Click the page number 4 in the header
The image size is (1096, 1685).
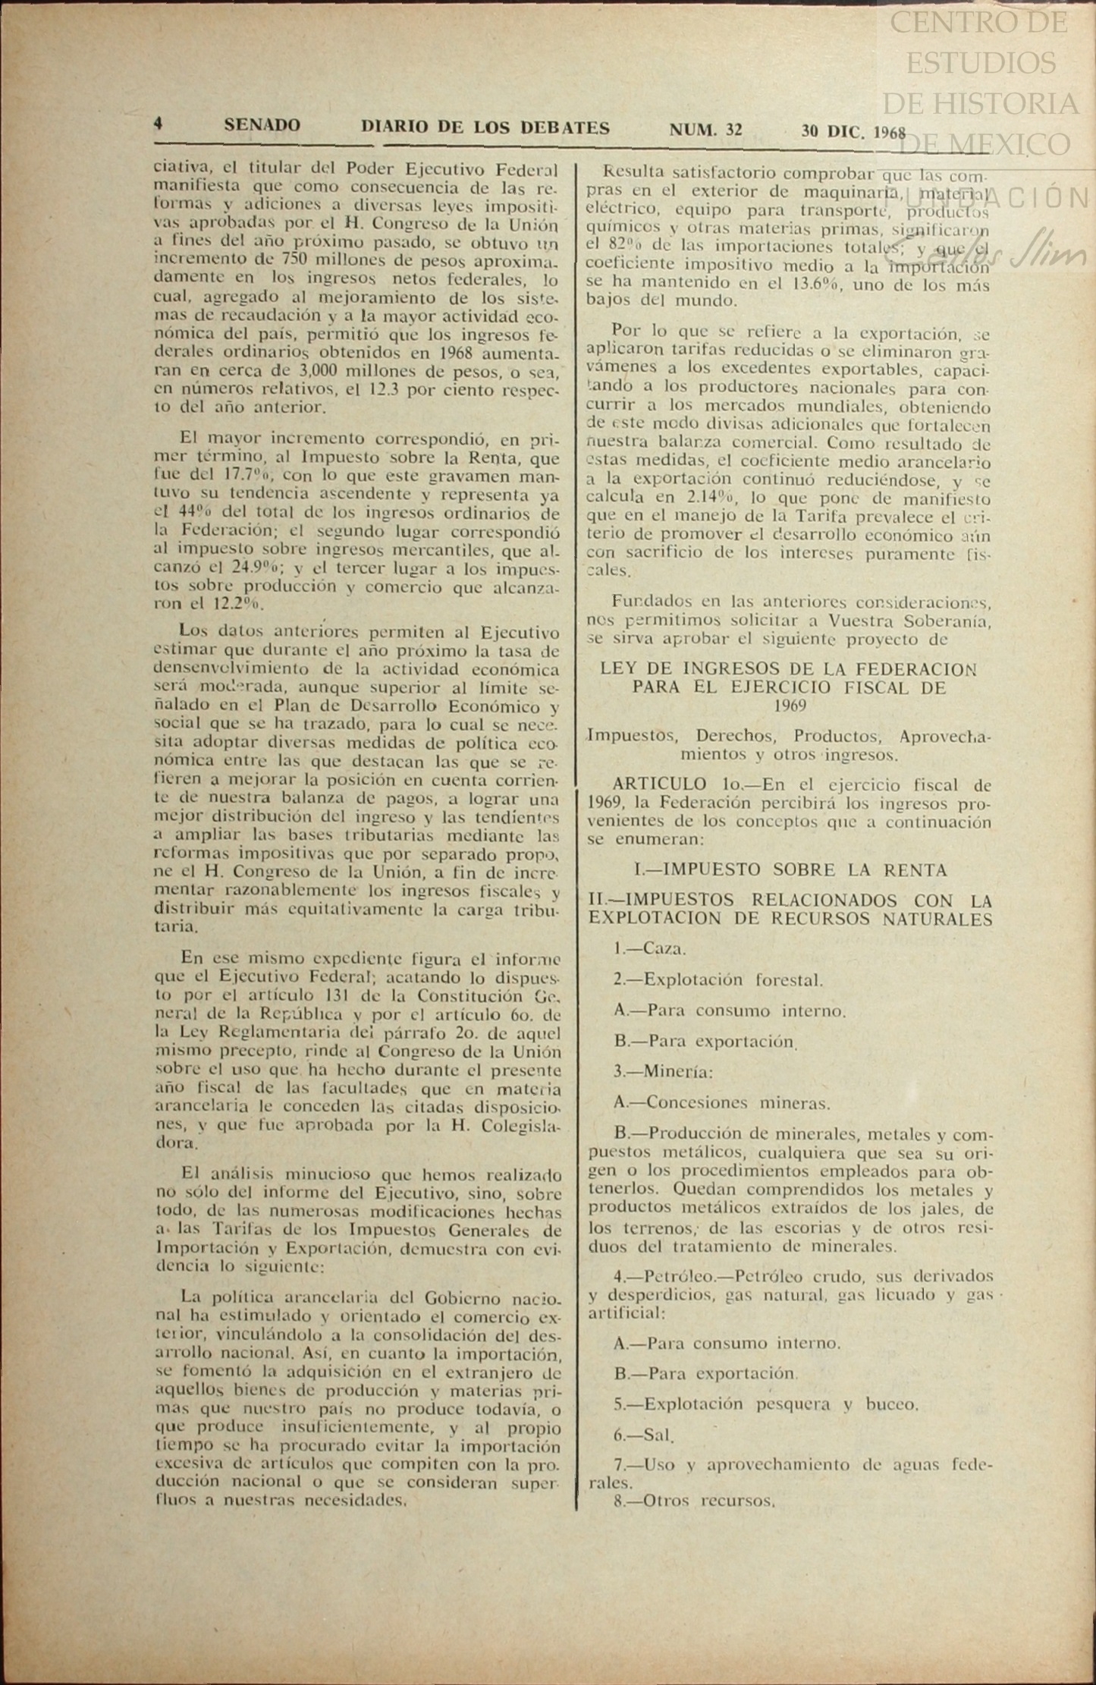(158, 124)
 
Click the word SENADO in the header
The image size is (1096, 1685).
(262, 126)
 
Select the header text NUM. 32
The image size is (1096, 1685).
(705, 130)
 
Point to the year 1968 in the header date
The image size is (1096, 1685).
(890, 133)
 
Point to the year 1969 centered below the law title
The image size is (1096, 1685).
(790, 706)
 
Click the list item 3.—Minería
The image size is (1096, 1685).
(663, 1072)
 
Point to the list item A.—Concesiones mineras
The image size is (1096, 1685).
(721, 1103)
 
